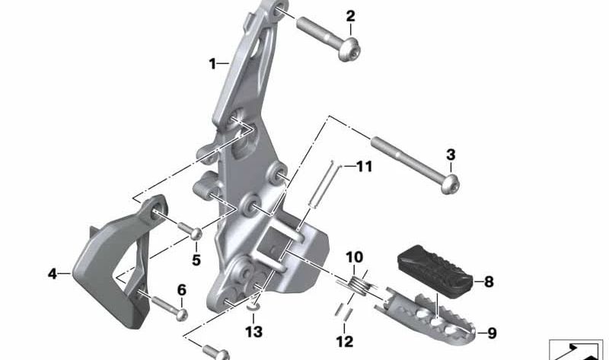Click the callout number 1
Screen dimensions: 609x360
pos(212,64)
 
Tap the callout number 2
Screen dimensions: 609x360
pos(350,16)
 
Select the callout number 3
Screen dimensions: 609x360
pos(451,155)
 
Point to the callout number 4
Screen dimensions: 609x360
pos(52,274)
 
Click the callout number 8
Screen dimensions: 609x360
pos(489,282)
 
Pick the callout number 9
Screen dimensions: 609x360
pos(492,333)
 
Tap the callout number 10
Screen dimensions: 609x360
pos(354,257)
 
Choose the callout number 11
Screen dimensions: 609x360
pos(365,167)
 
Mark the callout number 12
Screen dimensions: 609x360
pos(345,342)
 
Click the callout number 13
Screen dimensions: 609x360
pos(253,332)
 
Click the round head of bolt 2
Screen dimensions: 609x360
pos(349,50)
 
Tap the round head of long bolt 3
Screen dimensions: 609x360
pos(451,183)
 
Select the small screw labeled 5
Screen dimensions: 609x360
pos(190,230)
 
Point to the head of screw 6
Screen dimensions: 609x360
pos(182,314)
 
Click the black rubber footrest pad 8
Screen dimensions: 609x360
pos(435,271)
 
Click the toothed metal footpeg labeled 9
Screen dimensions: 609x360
pos(426,318)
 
